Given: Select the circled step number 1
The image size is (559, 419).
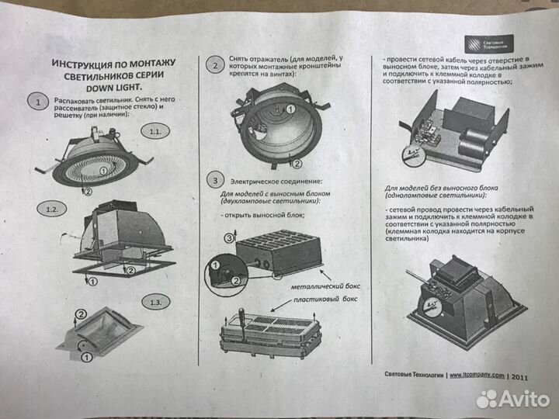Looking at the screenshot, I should pyautogui.click(x=35, y=102).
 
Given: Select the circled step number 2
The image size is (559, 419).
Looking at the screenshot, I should pyautogui.click(x=215, y=66).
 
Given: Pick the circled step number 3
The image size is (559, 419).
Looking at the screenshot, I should pyautogui.click(x=215, y=181).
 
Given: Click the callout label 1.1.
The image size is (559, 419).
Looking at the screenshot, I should pyautogui.click(x=155, y=133).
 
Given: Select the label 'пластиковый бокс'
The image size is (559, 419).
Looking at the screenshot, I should pyautogui.click(x=322, y=296).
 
